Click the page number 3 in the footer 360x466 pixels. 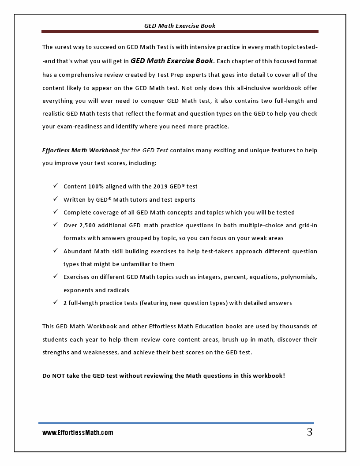310,432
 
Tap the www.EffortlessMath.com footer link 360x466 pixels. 78,433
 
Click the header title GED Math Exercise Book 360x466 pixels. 180,26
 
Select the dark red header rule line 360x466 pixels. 180,32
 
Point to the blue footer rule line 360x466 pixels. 176,423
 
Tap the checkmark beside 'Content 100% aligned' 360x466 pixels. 56,186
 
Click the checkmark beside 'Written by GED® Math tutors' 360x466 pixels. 56,199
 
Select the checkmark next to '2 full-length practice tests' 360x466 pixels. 56,303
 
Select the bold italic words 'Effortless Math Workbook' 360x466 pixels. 81,150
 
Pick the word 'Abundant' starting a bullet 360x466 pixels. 77,251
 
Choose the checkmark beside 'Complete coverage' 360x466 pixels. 56,212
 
